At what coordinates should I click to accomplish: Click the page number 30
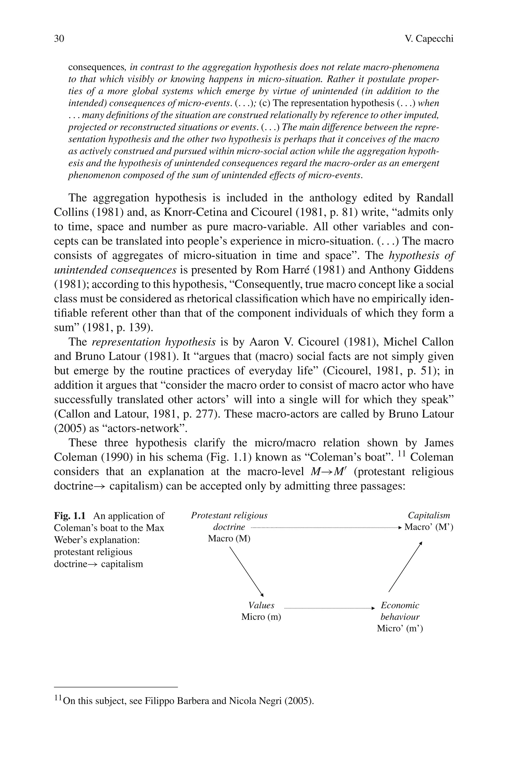(x=59, y=39)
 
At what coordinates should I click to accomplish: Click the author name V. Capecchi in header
(x=429, y=39)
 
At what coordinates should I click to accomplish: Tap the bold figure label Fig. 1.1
(x=70, y=516)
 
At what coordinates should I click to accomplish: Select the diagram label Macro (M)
(x=229, y=539)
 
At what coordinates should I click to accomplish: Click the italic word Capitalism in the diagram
(x=429, y=515)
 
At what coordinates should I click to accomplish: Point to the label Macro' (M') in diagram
(x=429, y=527)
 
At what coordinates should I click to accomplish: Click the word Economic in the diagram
(x=400, y=605)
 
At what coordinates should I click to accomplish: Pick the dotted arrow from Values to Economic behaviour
(x=328, y=608)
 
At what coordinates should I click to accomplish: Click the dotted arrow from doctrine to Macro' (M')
(x=325, y=528)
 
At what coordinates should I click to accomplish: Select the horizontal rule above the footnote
(x=116, y=687)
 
